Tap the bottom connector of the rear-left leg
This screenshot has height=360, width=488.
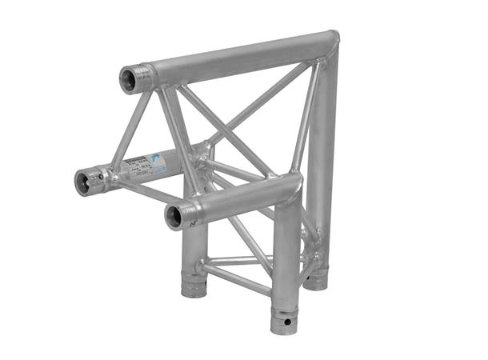tap(194, 286)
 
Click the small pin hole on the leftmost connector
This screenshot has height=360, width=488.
tap(102, 174)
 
